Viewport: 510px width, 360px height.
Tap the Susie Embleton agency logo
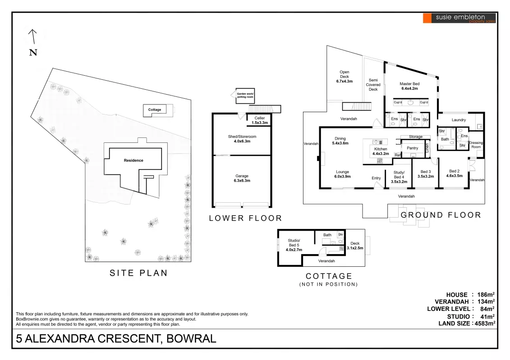(x=459, y=18)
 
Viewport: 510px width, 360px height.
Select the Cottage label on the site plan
(x=155, y=109)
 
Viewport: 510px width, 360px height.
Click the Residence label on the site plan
(x=133, y=160)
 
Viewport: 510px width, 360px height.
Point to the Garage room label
(x=242, y=178)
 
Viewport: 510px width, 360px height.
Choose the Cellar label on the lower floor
(x=259, y=120)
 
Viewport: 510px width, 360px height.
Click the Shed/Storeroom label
(x=242, y=139)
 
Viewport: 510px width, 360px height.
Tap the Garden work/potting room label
(x=245, y=96)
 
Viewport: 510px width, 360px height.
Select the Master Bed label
(x=409, y=86)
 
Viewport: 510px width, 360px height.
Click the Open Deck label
(x=344, y=77)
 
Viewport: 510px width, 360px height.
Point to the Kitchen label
(x=380, y=151)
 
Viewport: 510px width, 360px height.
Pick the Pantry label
(x=412, y=148)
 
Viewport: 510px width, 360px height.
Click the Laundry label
(x=459, y=120)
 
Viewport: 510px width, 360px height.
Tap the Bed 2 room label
(x=454, y=173)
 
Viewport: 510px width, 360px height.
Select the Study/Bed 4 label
(x=399, y=177)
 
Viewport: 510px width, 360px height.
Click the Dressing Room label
(x=476, y=145)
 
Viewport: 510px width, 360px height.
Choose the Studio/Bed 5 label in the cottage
(x=294, y=245)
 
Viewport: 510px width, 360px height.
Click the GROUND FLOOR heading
(x=441, y=215)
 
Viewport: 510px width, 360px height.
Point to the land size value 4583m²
(x=484, y=323)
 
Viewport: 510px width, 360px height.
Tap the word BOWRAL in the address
(x=191, y=338)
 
